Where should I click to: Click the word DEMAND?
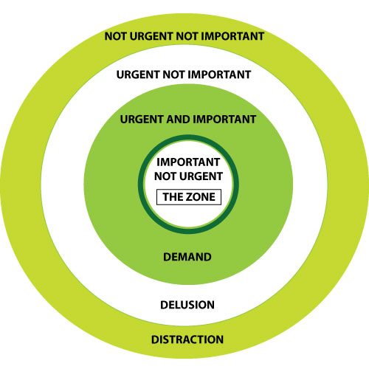(187, 257)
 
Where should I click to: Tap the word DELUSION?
(187, 305)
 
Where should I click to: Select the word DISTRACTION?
(187, 340)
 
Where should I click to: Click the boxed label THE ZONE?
(189, 197)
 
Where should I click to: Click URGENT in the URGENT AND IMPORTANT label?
(142, 120)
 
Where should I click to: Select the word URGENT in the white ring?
(139, 75)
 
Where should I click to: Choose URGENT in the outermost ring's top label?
(151, 36)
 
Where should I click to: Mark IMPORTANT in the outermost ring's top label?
(233, 36)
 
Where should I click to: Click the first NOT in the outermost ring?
(116, 36)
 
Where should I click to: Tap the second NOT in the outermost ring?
(187, 36)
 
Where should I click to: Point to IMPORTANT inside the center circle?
(188, 162)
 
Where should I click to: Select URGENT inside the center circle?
(201, 176)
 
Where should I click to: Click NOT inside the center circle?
(165, 176)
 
